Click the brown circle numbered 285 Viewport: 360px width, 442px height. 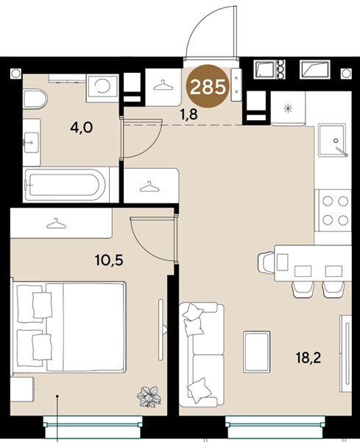[208, 86]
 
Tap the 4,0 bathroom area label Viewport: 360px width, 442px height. [82, 127]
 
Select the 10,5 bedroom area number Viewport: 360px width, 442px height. [109, 260]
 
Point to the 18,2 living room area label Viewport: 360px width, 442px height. [308, 358]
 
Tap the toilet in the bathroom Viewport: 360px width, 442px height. [35, 99]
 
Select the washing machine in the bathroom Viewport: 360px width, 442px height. [102, 88]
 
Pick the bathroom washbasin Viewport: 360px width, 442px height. [31, 143]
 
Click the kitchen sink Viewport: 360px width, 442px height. [331, 140]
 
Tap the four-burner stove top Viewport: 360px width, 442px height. [335, 211]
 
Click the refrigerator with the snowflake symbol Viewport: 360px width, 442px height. [288, 108]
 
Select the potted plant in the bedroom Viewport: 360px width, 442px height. [149, 396]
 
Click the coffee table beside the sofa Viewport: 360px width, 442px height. [257, 352]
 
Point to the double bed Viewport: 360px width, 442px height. [68, 326]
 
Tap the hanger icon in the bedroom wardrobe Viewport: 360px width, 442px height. [57, 223]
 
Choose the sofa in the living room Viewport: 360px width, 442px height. [202, 355]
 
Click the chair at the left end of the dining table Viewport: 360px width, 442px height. [266, 262]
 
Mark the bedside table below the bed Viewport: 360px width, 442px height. [22, 390]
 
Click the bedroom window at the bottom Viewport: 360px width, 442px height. [93, 424]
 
